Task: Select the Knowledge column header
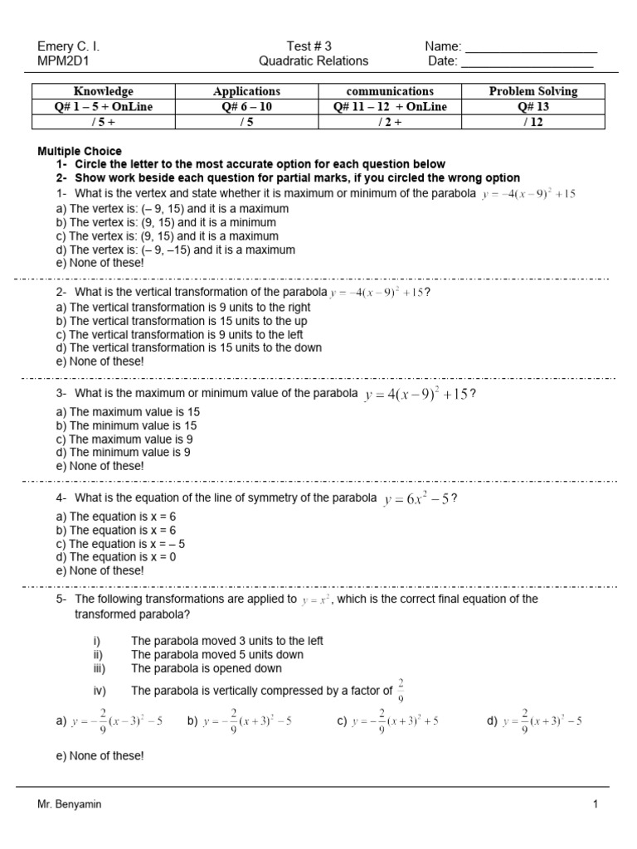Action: (103, 91)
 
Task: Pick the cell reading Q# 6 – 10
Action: (246, 106)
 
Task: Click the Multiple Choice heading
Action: (80, 151)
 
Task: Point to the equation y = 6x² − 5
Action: (416, 499)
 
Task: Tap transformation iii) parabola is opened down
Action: (206, 668)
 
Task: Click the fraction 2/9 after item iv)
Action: (401, 689)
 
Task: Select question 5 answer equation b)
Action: (240, 721)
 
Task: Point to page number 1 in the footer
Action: (595, 803)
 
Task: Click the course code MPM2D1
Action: (63, 61)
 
